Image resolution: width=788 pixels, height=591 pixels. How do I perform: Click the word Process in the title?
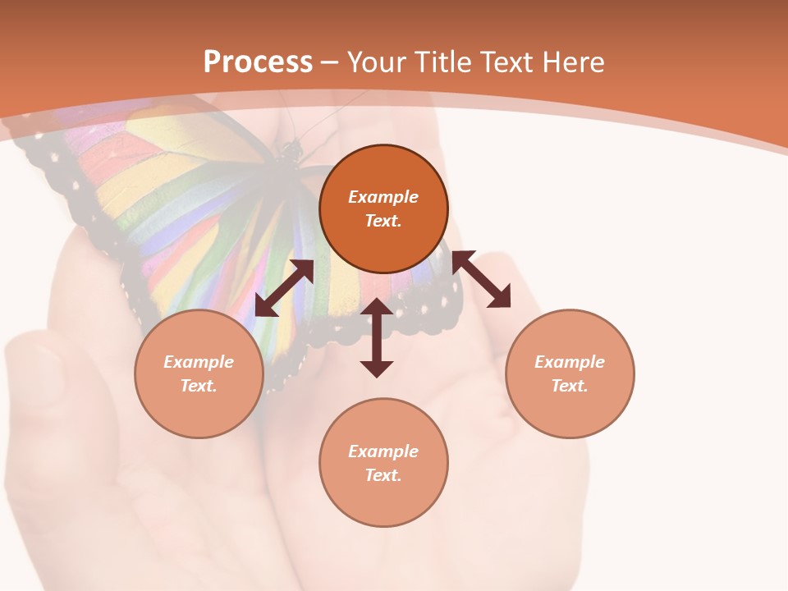(x=258, y=62)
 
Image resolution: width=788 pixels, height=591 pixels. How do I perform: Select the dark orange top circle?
(x=383, y=209)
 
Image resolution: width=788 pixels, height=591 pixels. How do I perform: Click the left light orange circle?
(x=199, y=373)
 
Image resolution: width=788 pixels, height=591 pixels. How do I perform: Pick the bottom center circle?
(x=383, y=463)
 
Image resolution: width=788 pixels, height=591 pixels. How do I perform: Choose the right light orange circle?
(x=570, y=373)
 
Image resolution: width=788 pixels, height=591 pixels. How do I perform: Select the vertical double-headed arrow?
(x=377, y=337)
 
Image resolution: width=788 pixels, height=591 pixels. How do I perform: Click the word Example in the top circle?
(x=383, y=197)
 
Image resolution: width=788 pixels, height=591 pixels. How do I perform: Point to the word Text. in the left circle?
(x=199, y=386)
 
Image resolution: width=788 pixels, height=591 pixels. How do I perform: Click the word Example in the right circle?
(x=570, y=362)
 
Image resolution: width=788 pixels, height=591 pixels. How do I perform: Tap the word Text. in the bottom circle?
(x=383, y=475)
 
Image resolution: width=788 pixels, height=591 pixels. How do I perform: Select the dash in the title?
(x=329, y=63)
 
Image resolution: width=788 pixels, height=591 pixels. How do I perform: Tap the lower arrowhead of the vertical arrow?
(x=377, y=368)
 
